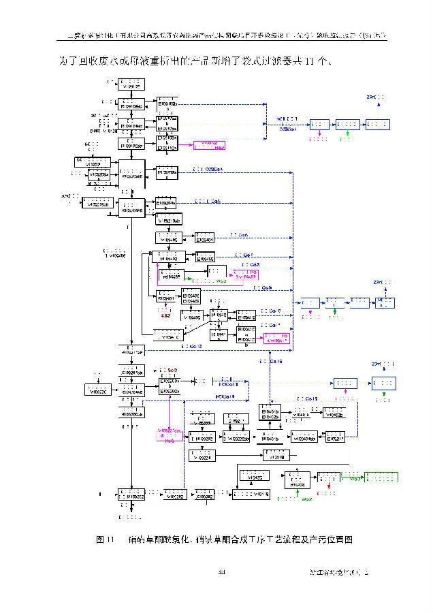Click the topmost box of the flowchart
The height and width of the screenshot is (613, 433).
131,85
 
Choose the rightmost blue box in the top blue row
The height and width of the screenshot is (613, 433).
378,125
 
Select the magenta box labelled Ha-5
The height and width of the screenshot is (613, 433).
169,436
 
